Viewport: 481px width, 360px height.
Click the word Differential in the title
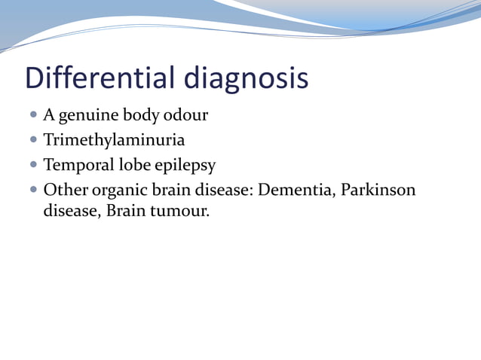point(93,78)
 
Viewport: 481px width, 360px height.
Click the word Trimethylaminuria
point(114,140)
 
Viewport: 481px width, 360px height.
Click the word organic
point(116,189)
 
